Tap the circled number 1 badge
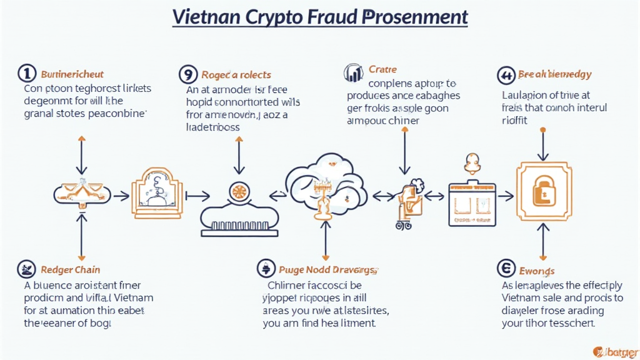pos(27,74)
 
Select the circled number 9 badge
pos(187,74)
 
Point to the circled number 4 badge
pos(505,74)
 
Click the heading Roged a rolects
pos(236,74)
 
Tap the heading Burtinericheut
pos(72,74)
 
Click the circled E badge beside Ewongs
pos(505,269)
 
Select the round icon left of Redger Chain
pos(27,269)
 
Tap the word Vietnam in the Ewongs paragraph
pos(524,298)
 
